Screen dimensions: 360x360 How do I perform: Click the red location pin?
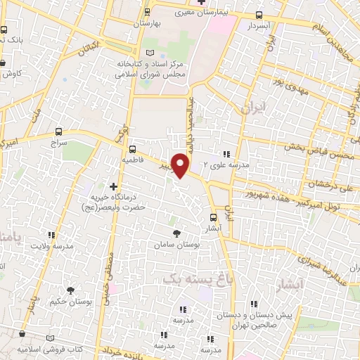click(181, 166)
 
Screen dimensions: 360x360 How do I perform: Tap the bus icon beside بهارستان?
click(147, 11)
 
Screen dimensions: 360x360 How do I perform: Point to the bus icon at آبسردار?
click(259, 15)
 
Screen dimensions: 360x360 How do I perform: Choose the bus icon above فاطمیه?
click(132, 149)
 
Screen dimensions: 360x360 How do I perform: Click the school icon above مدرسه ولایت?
click(50, 235)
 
